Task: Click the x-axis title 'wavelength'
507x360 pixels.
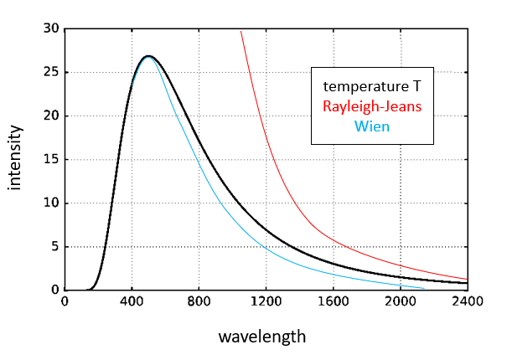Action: [261, 337]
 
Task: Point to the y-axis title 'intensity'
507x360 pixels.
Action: [16, 159]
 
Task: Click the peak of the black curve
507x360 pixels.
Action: [148, 56]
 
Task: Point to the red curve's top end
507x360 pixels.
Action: [241, 32]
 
